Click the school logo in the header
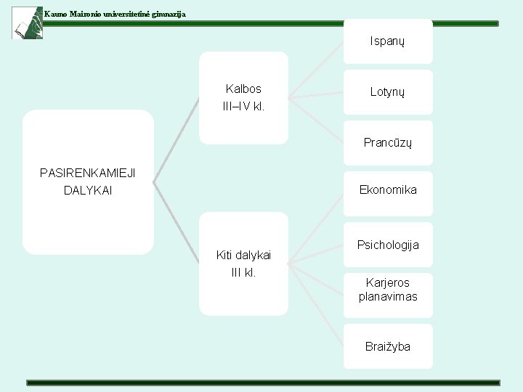point(27,22)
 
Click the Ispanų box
point(388,41)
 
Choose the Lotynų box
point(388,92)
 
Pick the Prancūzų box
point(388,143)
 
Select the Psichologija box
point(388,245)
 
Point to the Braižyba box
point(388,346)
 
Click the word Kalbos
point(243,89)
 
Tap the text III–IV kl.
point(243,107)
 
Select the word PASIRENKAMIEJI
point(88,173)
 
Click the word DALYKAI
point(88,191)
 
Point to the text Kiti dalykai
point(243,255)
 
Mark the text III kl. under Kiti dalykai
point(243,273)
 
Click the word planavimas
point(388,297)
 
